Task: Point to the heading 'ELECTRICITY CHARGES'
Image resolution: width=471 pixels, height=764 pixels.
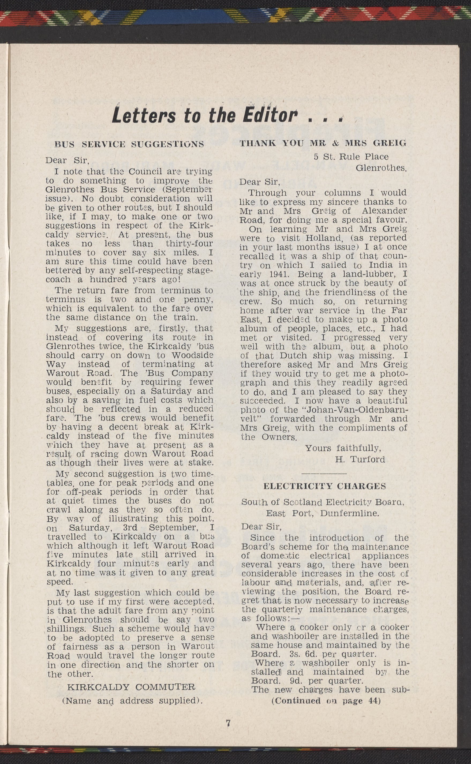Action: click(x=325, y=486)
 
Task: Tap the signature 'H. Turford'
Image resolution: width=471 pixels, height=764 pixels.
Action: click(x=360, y=459)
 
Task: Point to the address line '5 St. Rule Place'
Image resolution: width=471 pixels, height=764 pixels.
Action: click(x=351, y=157)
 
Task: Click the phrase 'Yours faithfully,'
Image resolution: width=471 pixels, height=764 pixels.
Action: click(x=343, y=448)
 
